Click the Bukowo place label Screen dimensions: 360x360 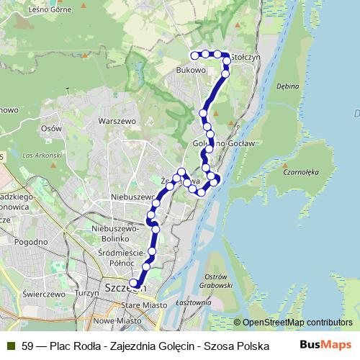pyautogui.click(x=191, y=71)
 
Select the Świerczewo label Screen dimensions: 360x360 pyautogui.click(x=44, y=294)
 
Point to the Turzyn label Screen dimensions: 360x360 pyautogui.click(x=85, y=294)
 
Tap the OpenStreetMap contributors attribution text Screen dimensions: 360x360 pyautogui.click(x=297, y=323)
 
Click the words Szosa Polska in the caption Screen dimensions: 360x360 pyautogui.click(x=233, y=346)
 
